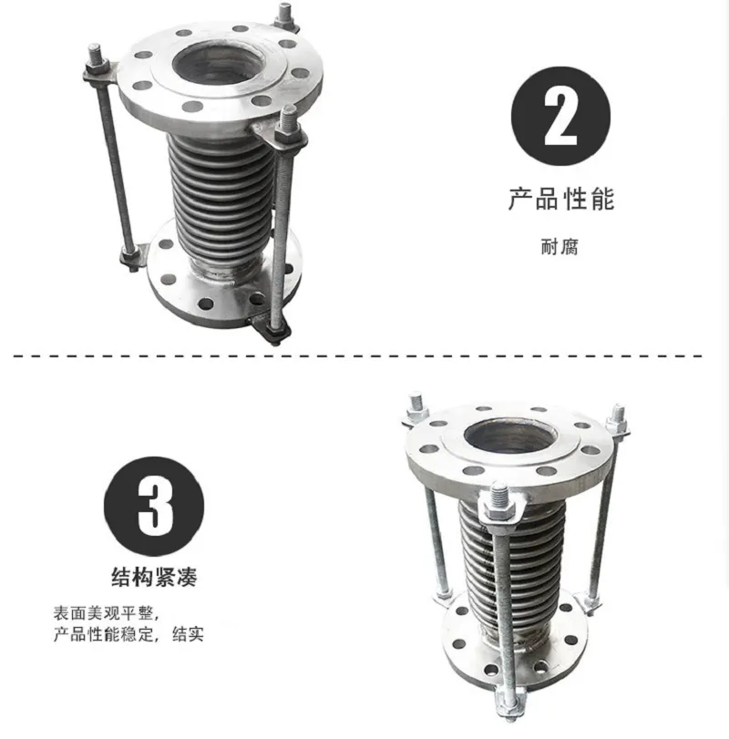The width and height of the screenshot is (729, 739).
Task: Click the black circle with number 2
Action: click(x=560, y=116)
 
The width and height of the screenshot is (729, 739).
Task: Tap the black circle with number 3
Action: click(x=154, y=506)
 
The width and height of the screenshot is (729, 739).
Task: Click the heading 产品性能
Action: click(x=561, y=199)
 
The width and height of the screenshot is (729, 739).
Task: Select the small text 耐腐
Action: click(x=560, y=247)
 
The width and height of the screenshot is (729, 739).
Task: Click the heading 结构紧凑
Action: click(x=154, y=577)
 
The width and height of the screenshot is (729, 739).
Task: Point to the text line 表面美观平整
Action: click(x=103, y=612)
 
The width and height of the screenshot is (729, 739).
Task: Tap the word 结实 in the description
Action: click(x=188, y=634)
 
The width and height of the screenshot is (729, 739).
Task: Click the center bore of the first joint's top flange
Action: click(x=217, y=65)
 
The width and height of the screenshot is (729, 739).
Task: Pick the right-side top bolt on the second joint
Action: click(x=617, y=419)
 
